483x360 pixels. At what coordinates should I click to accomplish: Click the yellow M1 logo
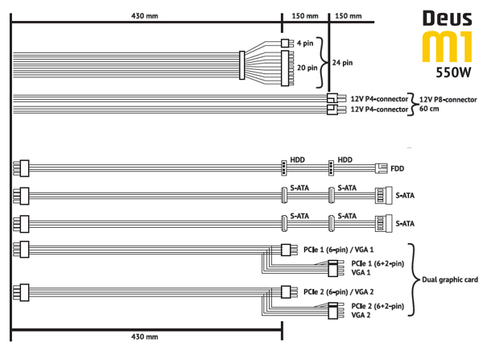(x=447, y=46)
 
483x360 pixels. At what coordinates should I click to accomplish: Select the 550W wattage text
(x=453, y=72)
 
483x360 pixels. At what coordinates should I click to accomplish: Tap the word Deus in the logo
(x=448, y=19)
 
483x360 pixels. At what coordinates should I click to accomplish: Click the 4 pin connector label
(x=305, y=43)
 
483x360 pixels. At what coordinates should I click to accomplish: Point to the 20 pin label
(x=308, y=68)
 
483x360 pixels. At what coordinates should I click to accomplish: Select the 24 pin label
(x=342, y=63)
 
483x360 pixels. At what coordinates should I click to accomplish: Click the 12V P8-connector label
(x=448, y=100)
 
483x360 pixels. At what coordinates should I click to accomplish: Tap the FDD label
(x=398, y=168)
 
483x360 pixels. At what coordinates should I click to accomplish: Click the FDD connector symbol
(x=382, y=168)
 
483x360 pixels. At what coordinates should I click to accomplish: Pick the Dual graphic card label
(x=450, y=279)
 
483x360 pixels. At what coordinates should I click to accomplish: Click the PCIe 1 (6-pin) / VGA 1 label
(x=339, y=250)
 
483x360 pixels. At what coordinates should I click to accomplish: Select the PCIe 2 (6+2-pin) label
(x=378, y=306)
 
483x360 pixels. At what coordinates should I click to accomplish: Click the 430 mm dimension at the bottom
(x=144, y=337)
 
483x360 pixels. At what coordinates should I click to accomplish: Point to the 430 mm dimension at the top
(x=144, y=16)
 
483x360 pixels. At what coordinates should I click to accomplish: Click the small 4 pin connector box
(x=285, y=43)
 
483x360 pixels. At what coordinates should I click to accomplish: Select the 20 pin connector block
(x=285, y=68)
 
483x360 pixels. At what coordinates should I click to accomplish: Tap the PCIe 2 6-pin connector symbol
(x=286, y=292)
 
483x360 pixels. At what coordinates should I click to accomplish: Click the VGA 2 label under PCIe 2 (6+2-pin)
(x=361, y=315)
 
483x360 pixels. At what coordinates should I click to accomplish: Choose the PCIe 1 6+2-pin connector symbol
(x=332, y=268)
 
